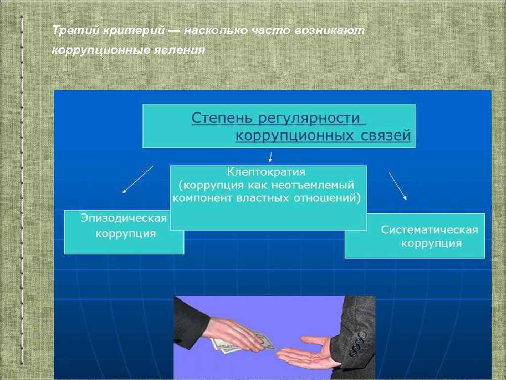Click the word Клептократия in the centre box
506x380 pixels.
(266, 172)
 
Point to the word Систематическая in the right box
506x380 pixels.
(429, 230)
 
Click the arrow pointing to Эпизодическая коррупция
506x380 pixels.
(138, 179)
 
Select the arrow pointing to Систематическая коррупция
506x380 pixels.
(398, 186)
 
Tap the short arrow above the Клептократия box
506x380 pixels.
(270, 157)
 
